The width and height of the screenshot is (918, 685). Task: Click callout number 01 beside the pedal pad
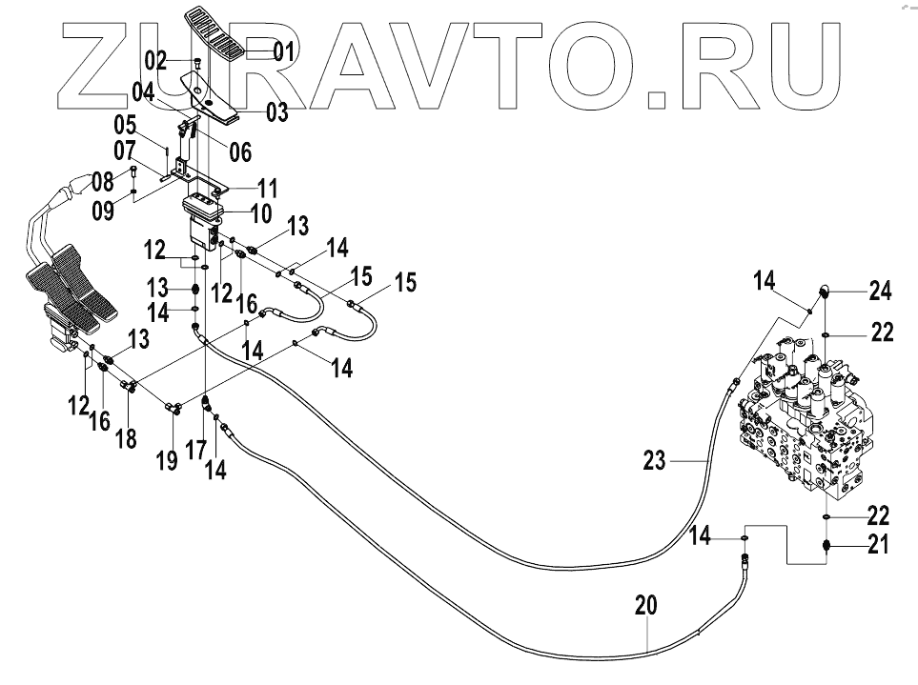[x=284, y=51]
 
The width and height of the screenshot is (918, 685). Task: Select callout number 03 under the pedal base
[x=277, y=112]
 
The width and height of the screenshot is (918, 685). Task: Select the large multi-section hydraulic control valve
[x=810, y=419]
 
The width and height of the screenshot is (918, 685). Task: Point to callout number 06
[x=239, y=151]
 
